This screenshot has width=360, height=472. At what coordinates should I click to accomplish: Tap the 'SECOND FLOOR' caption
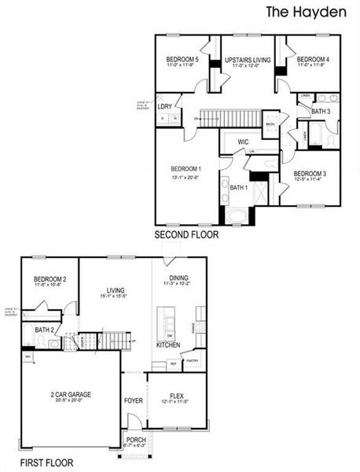tap(186, 234)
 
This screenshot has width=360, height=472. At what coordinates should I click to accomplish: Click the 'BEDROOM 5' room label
tap(182, 60)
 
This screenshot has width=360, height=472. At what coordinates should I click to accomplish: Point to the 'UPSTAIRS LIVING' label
tap(248, 60)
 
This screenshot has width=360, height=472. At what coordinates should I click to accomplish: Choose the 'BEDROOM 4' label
tap(313, 60)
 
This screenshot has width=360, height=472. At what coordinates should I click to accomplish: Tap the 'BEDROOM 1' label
tap(186, 169)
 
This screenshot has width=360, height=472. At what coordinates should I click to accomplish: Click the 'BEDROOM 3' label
tap(309, 174)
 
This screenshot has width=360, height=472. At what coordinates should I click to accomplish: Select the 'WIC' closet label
tap(244, 142)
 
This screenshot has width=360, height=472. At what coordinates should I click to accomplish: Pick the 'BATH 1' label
tap(239, 187)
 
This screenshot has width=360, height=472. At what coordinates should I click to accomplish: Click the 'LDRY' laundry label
tap(165, 106)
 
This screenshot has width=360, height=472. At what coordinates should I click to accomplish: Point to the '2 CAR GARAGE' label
tap(72, 393)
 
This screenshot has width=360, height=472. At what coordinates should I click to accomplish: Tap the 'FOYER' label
tap(133, 400)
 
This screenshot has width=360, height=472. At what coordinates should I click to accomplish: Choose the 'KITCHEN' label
tap(168, 345)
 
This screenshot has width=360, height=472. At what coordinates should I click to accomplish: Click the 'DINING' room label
tap(178, 278)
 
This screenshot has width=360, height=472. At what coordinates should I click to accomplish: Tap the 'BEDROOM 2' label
tap(50, 280)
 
